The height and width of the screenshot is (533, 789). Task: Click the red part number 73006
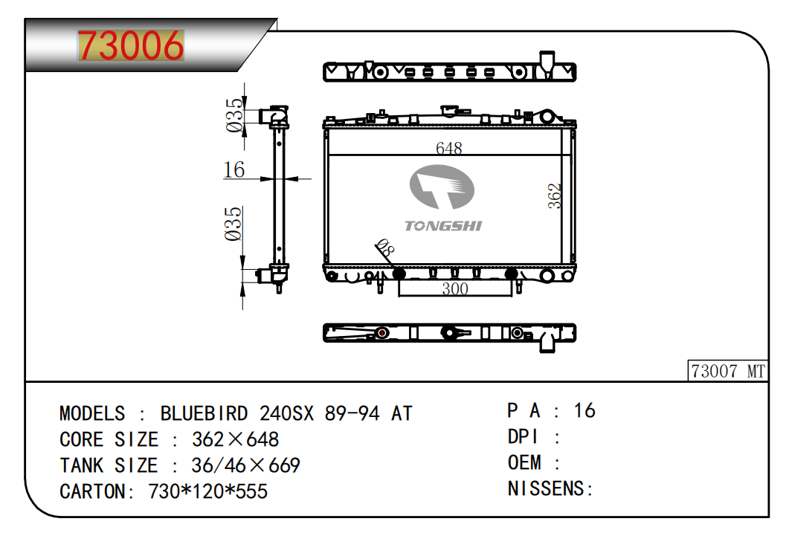(x=131, y=45)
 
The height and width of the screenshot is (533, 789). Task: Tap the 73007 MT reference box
(x=727, y=371)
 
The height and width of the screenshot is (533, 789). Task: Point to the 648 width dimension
(x=449, y=148)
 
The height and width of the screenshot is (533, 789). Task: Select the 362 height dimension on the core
(x=554, y=196)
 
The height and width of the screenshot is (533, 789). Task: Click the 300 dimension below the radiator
(x=455, y=288)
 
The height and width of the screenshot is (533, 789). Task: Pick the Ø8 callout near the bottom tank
(x=385, y=248)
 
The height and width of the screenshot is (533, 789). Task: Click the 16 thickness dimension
(x=234, y=169)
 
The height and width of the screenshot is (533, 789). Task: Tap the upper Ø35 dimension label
(x=234, y=115)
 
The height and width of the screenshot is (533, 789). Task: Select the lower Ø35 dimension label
(x=233, y=224)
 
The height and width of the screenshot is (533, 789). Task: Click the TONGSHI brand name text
(x=443, y=226)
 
